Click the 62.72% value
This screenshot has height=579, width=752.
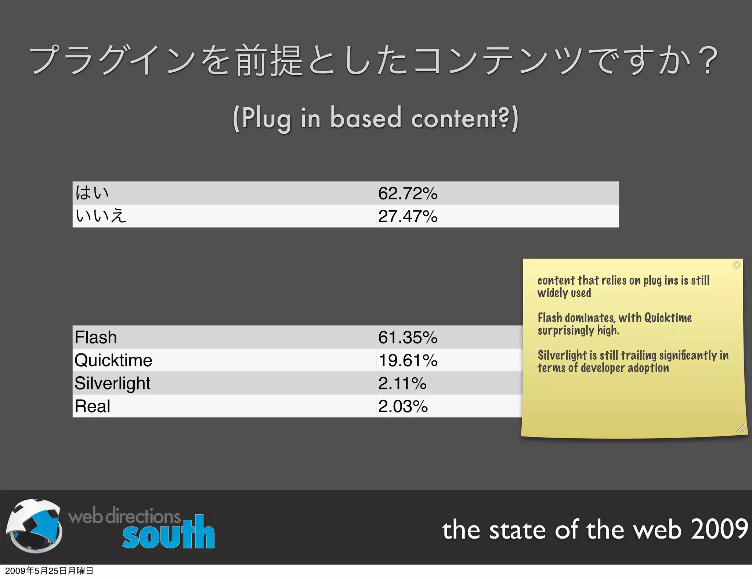pos(408,193)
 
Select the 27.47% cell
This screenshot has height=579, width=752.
pos(408,216)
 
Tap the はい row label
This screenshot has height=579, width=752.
pos(92,193)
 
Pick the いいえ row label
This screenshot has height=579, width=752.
pos(101,216)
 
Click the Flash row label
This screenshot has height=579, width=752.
pos(96,337)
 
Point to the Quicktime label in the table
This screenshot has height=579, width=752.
pos(113,360)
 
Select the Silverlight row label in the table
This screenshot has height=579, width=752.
pos(112,383)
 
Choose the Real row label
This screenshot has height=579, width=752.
pos(93,406)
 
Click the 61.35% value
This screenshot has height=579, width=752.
pos(408,337)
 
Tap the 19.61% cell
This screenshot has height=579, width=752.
pos(408,360)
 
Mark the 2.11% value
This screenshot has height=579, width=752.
pos(402,384)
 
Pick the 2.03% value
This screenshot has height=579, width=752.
pos(403,406)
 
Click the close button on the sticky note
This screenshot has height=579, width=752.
pos(737,265)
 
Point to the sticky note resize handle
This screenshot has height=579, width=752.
pos(741,428)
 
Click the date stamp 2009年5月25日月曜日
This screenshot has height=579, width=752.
pos(49,571)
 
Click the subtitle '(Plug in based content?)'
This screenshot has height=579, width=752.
pos(375,118)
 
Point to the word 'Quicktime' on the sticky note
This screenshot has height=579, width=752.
pos(668,317)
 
